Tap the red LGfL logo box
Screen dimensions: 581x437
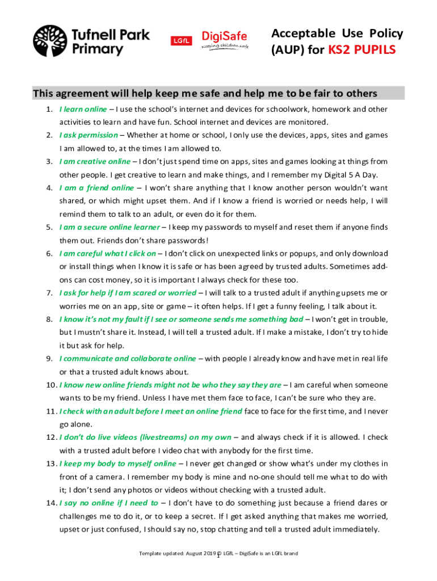pos(180,40)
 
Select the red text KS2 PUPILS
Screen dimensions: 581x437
pos(360,51)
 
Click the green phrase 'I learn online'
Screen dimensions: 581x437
pos(83,109)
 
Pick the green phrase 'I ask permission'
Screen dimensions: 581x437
pos(89,135)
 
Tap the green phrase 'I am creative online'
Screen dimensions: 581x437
pos(95,161)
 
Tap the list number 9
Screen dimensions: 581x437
pos(49,359)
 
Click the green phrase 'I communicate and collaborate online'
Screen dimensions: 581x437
pos(128,359)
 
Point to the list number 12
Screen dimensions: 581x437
pos(51,437)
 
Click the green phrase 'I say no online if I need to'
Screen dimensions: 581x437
pos(108,503)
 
